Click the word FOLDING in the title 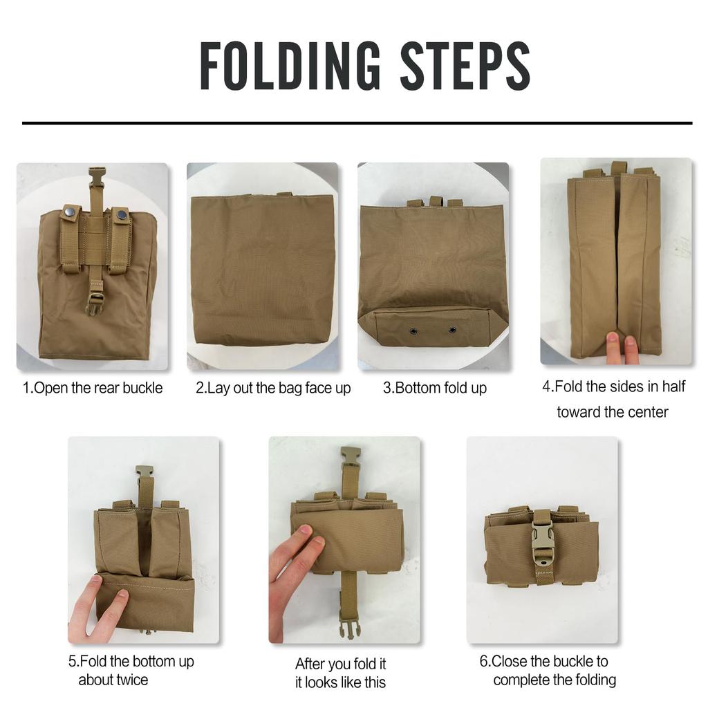click(290, 66)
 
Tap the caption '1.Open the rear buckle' click(93, 388)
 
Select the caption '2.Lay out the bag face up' click(273, 388)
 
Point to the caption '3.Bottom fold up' click(435, 388)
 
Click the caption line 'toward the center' click(613, 412)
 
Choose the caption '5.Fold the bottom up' click(131, 661)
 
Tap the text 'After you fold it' click(341, 664)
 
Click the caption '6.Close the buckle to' click(544, 661)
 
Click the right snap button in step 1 click(122, 215)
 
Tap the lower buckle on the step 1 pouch click(95, 302)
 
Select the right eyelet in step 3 click(452, 330)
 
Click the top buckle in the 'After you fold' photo click(351, 456)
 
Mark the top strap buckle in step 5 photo click(144, 472)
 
